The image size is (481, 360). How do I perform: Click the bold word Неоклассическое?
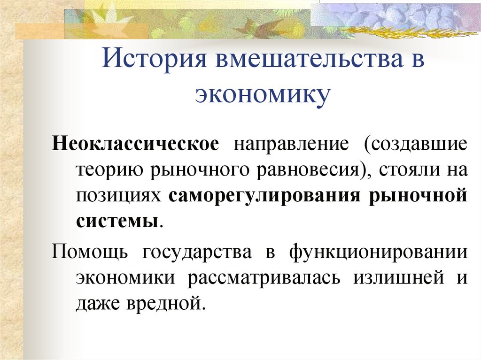click(136, 143)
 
